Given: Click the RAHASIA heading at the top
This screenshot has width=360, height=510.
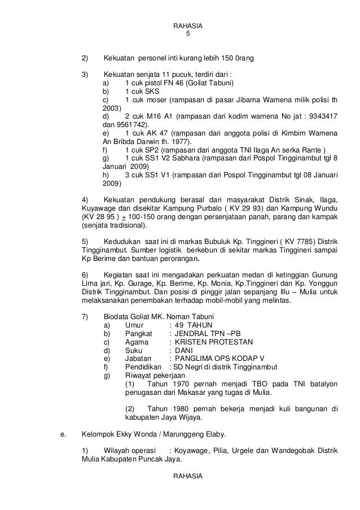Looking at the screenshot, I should point(188,26).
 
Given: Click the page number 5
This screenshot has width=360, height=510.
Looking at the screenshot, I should point(188,34).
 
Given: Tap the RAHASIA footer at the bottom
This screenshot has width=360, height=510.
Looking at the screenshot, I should point(188,478).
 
